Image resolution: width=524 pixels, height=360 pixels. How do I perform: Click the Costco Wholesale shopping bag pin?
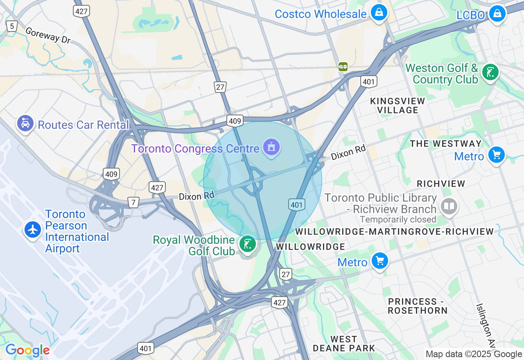click(x=379, y=13)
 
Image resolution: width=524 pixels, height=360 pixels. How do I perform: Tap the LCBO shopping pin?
click(x=497, y=14)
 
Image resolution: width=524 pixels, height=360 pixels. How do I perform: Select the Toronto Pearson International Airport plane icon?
click(x=33, y=229)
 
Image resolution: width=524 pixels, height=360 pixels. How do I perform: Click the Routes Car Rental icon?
click(x=25, y=123)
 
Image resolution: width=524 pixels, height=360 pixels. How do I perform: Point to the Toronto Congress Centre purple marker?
click(x=271, y=146)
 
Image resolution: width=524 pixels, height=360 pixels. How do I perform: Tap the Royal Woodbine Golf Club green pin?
click(x=248, y=245)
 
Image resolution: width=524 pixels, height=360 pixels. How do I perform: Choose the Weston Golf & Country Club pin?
click(x=490, y=72)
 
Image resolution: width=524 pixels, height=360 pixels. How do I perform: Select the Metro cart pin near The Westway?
click(x=497, y=155)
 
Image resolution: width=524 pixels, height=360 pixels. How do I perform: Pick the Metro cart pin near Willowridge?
click(x=379, y=261)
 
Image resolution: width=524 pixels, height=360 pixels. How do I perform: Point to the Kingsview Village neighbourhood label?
click(x=398, y=106)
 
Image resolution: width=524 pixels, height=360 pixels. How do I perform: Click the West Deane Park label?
click(x=344, y=344)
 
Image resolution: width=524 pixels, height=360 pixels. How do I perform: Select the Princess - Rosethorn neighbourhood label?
click(x=418, y=306)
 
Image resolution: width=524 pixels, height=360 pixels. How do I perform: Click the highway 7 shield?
click(x=133, y=202)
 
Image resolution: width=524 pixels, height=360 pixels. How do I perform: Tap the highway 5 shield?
click(x=11, y=26)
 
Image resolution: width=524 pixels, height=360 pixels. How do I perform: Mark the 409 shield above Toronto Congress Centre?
click(x=235, y=121)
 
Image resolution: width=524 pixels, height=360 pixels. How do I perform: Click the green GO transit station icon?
click(x=343, y=66)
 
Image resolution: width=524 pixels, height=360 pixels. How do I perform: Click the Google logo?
click(x=27, y=350)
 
